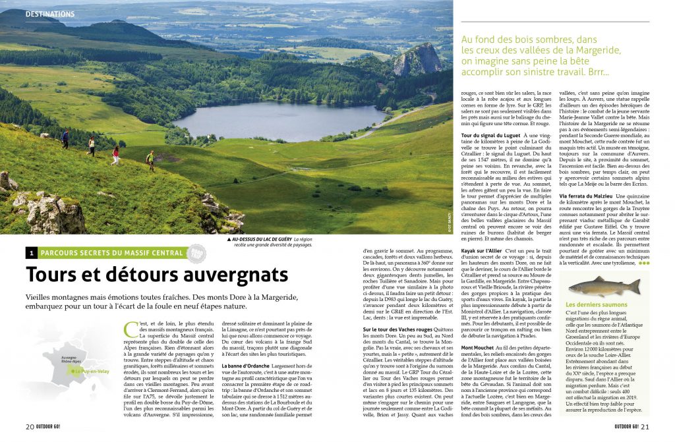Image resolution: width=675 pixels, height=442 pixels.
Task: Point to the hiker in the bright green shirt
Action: pyautogui.click(x=151, y=159)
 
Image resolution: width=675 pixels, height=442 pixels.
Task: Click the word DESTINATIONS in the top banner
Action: pyautogui.click(x=50, y=14)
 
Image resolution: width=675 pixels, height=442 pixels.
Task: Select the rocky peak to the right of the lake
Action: pyautogui.click(x=417, y=60)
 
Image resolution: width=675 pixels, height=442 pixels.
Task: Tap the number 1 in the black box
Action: pyautogui.click(x=31, y=253)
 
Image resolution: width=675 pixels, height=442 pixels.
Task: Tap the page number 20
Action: pyautogui.click(x=30, y=425)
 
